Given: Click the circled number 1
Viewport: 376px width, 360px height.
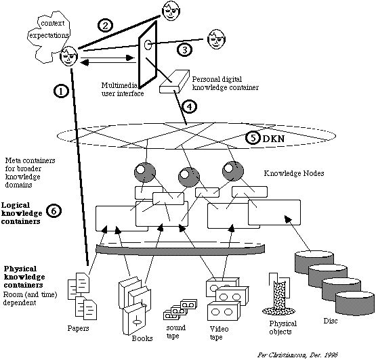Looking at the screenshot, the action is pyautogui.click(x=61, y=91).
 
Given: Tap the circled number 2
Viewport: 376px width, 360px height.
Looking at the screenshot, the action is pyautogui.click(x=105, y=25).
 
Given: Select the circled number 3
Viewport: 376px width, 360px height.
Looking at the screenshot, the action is pyautogui.click(x=185, y=50).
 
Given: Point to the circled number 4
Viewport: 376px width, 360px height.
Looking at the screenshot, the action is pyautogui.click(x=190, y=107).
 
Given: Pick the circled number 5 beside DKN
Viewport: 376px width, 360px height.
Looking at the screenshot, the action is pyautogui.click(x=253, y=138).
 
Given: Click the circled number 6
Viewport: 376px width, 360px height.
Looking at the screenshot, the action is pyautogui.click(x=54, y=211).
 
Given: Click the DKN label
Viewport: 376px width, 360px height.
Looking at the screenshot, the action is pyautogui.click(x=274, y=139).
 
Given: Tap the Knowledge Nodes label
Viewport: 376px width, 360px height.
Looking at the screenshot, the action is pyautogui.click(x=294, y=173).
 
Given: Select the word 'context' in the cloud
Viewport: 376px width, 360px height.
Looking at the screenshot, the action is pyautogui.click(x=53, y=23).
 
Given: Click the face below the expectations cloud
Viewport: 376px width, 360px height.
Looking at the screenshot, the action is pyautogui.click(x=69, y=56).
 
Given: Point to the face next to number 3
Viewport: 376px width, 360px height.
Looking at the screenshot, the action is pyautogui.click(x=217, y=39).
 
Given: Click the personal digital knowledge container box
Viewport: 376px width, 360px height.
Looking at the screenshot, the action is pyautogui.click(x=174, y=81).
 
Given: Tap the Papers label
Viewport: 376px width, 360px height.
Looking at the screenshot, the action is pyautogui.click(x=78, y=328).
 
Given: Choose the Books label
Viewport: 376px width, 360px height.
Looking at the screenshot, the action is pyautogui.click(x=142, y=338).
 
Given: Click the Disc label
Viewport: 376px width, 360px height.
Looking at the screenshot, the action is pyautogui.click(x=331, y=321).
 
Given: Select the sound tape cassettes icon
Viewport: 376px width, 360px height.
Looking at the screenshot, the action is pyautogui.click(x=180, y=309).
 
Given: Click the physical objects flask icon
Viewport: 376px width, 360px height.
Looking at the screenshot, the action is pyautogui.click(x=279, y=294).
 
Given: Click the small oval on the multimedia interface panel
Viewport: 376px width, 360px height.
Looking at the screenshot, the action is pyautogui.click(x=148, y=45).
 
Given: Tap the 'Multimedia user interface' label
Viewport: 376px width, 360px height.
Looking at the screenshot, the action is pyautogui.click(x=123, y=89).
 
